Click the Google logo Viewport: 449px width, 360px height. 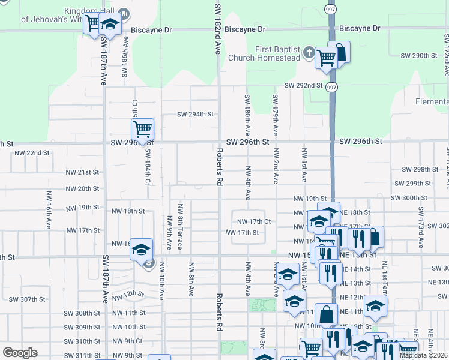[20, 353]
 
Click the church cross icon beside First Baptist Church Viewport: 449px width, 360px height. [309, 52]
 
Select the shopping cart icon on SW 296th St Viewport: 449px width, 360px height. [142, 128]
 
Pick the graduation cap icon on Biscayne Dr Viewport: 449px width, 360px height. [110, 25]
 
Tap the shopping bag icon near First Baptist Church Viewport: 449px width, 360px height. [339, 52]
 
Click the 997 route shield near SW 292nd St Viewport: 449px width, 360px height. [331, 87]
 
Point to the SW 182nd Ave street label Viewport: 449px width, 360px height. [218, 27]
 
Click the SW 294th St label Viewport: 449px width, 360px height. [196, 114]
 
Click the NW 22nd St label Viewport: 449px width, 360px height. [29, 153]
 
